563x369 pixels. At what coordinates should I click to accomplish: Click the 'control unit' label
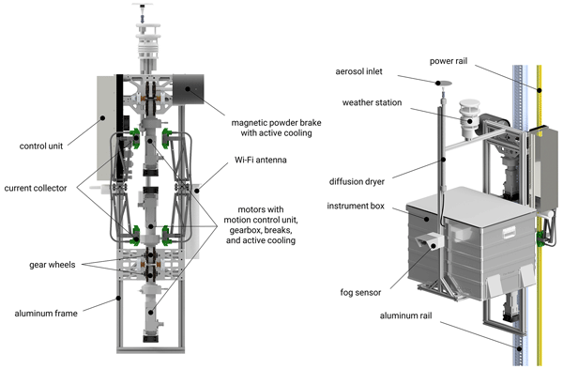coord(41,146)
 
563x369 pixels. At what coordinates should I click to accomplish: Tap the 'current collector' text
coord(36,189)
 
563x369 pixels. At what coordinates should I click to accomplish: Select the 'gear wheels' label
coord(53,265)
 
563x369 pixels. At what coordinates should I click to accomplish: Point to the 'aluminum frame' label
coord(46,314)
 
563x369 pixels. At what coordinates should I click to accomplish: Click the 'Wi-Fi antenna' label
coord(261,160)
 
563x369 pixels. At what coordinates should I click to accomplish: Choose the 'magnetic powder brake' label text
coord(276,123)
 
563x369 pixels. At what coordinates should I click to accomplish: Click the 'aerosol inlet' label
coord(358,71)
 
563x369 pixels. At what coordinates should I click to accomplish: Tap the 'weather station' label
coord(372,102)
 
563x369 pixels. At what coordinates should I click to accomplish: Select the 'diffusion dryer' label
coord(357,182)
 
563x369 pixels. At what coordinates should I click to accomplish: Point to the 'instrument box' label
coord(356,206)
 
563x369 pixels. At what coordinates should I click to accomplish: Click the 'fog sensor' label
coord(360,292)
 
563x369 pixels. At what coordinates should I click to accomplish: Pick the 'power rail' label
coord(449,61)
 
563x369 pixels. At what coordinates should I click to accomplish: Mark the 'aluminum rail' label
coord(405,315)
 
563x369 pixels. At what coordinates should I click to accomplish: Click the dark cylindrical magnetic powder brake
coord(189,89)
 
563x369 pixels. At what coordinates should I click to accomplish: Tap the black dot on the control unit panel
coord(102,117)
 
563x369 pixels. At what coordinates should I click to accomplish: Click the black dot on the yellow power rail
coord(539,90)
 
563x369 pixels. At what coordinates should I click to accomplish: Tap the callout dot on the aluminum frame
coord(118,298)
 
